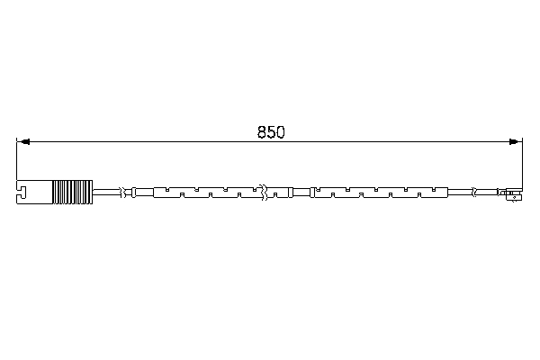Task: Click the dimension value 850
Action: (x=271, y=131)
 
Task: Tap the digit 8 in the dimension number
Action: (x=262, y=131)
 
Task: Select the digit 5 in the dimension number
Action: (x=271, y=131)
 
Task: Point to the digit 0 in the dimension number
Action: (x=280, y=131)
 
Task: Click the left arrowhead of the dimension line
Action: (x=23, y=141)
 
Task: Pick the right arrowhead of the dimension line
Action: (x=516, y=141)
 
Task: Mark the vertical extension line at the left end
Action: (x=17, y=162)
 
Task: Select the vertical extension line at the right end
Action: (x=522, y=162)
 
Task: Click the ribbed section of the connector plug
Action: (x=73, y=193)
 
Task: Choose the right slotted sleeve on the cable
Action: (x=378, y=193)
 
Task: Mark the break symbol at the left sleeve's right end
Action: (x=262, y=193)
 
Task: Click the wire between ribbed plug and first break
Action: (x=108, y=193)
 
